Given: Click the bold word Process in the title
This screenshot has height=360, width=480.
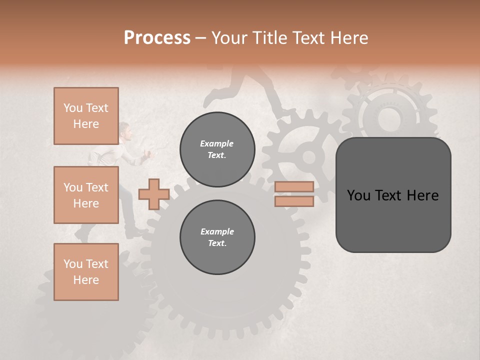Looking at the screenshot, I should click(x=157, y=37).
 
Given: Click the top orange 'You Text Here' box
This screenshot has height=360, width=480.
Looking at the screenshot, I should click(x=86, y=116).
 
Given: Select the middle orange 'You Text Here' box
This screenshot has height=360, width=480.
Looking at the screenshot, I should click(x=86, y=195).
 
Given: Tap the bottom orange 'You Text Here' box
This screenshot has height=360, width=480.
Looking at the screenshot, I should click(x=86, y=272).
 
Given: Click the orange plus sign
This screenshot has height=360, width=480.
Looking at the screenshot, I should click(x=153, y=194).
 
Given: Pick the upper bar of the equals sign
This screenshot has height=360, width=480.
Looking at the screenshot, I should click(x=294, y=186).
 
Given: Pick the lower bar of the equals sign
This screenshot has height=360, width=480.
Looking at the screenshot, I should click(x=294, y=201).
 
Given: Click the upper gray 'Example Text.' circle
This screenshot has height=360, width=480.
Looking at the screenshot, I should click(x=217, y=149).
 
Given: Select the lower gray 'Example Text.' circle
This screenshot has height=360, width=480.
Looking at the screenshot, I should click(x=217, y=237).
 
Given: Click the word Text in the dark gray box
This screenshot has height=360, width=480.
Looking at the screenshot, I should click(x=393, y=195).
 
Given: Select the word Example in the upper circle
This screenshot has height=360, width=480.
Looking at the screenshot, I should click(x=216, y=143).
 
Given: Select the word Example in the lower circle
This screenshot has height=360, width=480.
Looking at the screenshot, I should click(x=217, y=231).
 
